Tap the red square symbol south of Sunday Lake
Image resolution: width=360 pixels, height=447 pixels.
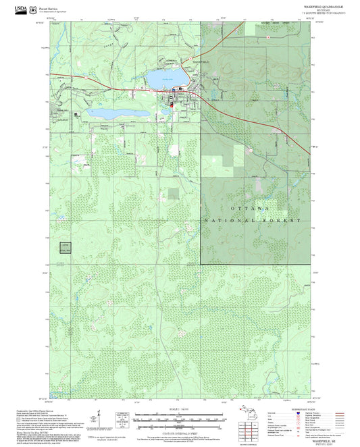172,105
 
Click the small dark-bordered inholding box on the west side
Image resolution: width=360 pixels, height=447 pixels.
65,246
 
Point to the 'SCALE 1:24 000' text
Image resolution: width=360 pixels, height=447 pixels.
179,411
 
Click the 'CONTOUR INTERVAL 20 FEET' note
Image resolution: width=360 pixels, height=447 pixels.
179,432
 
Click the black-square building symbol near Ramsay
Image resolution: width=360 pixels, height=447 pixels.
76,114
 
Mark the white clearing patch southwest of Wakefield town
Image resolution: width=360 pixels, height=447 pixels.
174,151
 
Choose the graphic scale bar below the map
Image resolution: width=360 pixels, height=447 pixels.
179,419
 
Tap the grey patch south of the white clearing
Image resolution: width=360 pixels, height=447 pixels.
174,194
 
